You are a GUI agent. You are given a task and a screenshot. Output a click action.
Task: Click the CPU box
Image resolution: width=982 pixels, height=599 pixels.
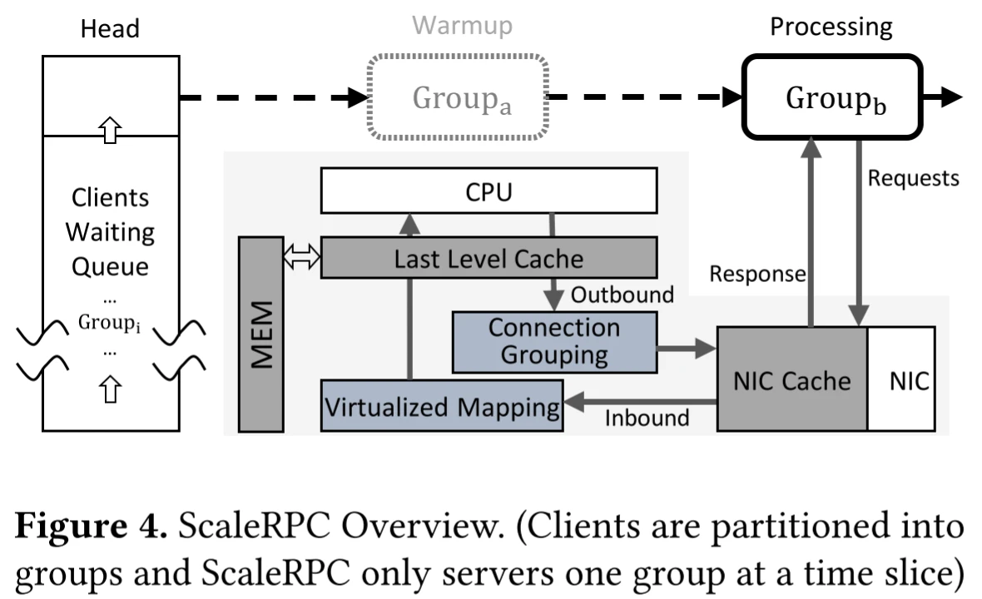(x=489, y=193)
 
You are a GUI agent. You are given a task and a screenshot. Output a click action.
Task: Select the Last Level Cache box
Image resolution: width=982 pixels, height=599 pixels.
(x=489, y=258)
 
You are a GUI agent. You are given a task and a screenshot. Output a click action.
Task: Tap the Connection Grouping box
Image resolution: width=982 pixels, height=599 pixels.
(x=554, y=341)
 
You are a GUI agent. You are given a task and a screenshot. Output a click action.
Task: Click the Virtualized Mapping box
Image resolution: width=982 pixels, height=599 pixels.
(x=442, y=407)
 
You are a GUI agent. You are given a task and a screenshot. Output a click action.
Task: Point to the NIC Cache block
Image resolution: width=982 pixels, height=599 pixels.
(x=791, y=379)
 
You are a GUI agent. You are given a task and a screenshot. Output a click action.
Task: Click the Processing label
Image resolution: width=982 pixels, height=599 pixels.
(x=831, y=27)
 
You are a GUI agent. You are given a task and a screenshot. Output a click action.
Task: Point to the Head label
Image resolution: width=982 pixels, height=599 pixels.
(x=110, y=29)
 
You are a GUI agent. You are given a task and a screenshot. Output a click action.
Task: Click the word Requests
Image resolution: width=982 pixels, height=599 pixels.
(x=913, y=178)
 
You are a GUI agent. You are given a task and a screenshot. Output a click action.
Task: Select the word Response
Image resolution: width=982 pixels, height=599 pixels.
(x=757, y=274)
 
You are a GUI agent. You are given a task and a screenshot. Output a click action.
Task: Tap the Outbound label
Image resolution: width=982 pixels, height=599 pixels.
(x=622, y=295)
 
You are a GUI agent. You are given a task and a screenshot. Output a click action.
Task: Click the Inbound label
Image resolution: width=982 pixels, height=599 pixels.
(x=647, y=417)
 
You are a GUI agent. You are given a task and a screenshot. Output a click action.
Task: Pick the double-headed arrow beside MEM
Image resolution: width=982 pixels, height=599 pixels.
(x=301, y=259)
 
